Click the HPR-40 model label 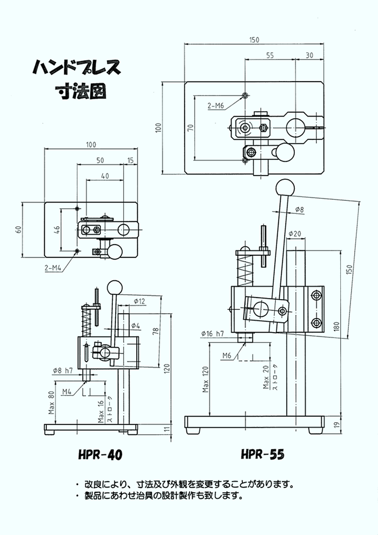(x=100, y=455)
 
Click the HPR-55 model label (x=263, y=455)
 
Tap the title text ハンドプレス (x=76, y=68)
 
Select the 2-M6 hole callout (x=215, y=105)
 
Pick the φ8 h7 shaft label (x=63, y=370)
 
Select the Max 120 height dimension (x=205, y=378)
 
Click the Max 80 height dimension (x=51, y=402)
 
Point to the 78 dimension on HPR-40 (x=155, y=330)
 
